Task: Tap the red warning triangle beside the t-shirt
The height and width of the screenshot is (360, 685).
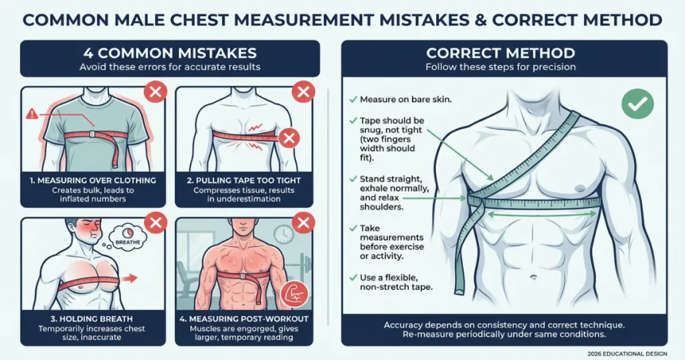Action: tap(31, 114)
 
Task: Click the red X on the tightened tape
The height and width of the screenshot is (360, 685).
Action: tap(289, 139)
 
